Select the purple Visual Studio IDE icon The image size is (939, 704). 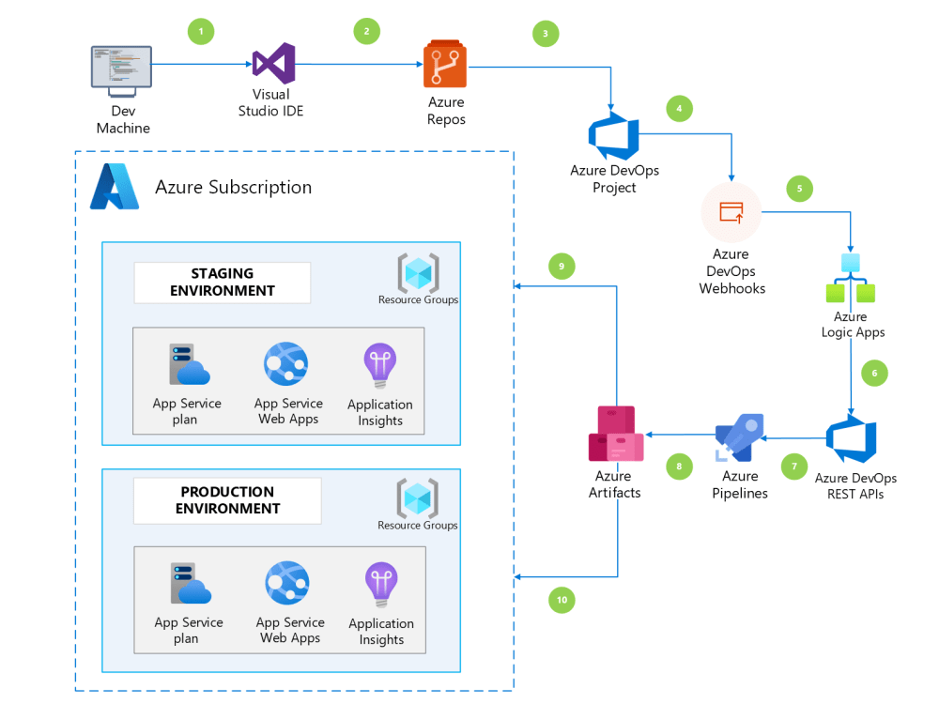click(x=273, y=64)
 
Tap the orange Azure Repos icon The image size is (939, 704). click(x=445, y=65)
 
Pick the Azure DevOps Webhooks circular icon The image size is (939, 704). click(x=731, y=213)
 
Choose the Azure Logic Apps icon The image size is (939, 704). click(x=851, y=279)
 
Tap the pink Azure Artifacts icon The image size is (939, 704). click(x=616, y=435)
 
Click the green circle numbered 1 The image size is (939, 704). click(x=200, y=31)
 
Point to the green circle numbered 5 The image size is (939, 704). click(x=799, y=189)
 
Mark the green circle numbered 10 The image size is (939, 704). click(x=561, y=600)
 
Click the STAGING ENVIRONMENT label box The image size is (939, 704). click(x=223, y=283)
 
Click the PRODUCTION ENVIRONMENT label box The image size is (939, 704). click(x=227, y=500)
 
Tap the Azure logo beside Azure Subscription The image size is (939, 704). click(x=115, y=186)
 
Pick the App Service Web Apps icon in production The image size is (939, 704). click(x=287, y=583)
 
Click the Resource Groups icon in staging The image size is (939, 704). click(x=418, y=272)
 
